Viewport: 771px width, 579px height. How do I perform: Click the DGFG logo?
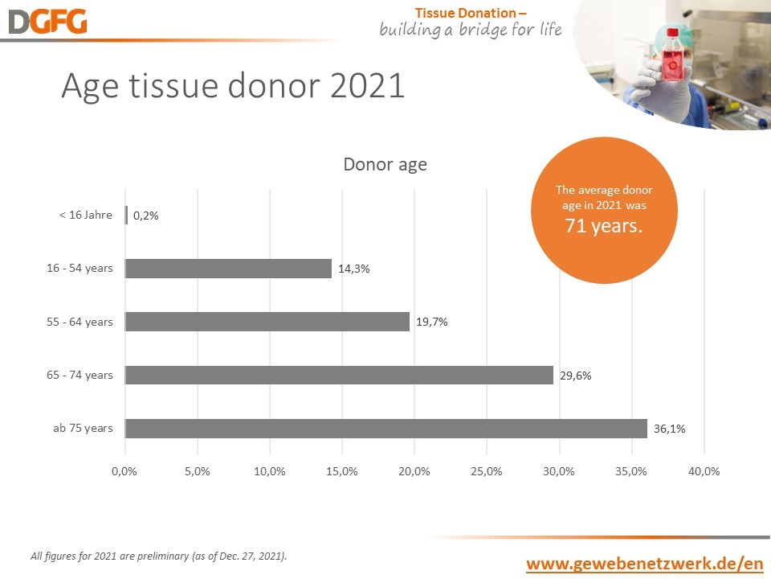(x=47, y=22)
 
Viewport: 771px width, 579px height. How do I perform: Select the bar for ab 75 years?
(x=386, y=429)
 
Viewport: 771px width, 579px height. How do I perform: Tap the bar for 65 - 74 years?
(x=339, y=375)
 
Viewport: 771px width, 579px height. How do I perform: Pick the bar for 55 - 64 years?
(x=267, y=322)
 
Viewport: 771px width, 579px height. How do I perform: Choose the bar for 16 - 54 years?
(x=229, y=269)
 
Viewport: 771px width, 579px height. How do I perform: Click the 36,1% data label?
(x=669, y=429)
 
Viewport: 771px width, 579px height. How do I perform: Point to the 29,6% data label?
(x=576, y=375)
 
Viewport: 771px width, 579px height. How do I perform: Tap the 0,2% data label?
(x=145, y=216)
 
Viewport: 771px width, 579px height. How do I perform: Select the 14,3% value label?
(x=353, y=269)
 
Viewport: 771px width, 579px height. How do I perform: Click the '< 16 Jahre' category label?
(x=86, y=215)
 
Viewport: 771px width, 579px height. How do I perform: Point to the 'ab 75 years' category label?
(x=83, y=428)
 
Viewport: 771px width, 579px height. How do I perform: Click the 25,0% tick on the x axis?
(x=487, y=471)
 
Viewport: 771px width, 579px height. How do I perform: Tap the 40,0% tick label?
(x=704, y=471)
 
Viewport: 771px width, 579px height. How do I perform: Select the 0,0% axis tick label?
(x=124, y=471)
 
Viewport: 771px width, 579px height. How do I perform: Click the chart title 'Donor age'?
(x=385, y=165)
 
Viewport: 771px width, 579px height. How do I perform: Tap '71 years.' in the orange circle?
(x=604, y=226)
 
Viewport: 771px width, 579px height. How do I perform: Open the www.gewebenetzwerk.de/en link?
(x=644, y=563)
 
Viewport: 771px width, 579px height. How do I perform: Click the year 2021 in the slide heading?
(x=367, y=86)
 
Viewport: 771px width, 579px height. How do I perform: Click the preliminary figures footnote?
(x=158, y=556)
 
